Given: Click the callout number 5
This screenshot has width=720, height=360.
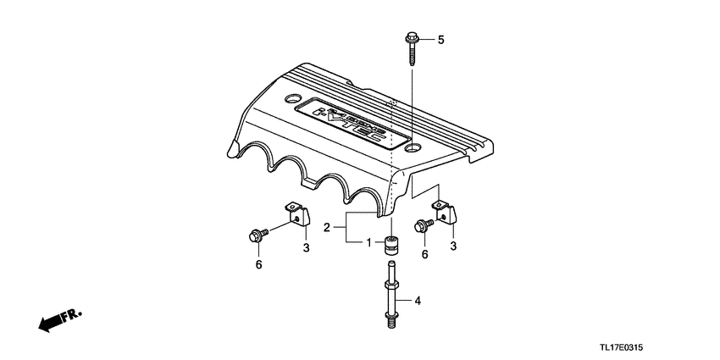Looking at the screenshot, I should tap(440, 40).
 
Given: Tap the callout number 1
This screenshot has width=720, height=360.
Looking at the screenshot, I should tap(369, 242).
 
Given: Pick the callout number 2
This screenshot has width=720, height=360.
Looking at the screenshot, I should tap(327, 227).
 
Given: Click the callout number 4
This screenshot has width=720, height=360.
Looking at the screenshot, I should tap(416, 300).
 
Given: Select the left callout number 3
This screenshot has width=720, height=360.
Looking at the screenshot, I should tap(307, 246).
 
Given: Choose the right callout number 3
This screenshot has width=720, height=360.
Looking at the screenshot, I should tap(452, 246).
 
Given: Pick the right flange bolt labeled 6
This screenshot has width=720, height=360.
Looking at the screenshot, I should tap(424, 225).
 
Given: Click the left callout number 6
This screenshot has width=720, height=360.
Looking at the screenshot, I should tap(259, 265).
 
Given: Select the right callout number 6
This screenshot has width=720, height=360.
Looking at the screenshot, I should tap(424, 254).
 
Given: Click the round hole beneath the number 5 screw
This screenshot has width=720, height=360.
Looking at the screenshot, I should tap(413, 149).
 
